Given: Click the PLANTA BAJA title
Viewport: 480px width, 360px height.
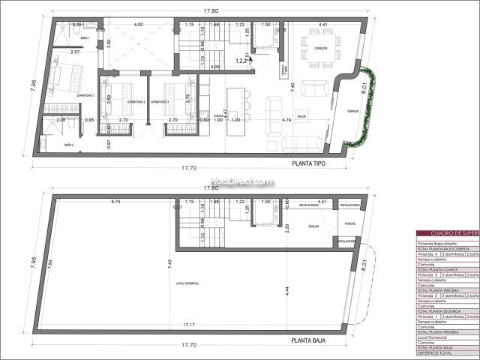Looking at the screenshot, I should click(311, 339).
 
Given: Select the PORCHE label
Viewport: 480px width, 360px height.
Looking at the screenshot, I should click(349, 223).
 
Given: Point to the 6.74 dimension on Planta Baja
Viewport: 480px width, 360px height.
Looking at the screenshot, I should click(115, 202).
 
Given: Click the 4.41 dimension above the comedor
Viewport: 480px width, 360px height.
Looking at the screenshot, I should click(323, 25).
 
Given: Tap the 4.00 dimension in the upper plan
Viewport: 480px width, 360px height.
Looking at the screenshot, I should click(138, 25).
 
